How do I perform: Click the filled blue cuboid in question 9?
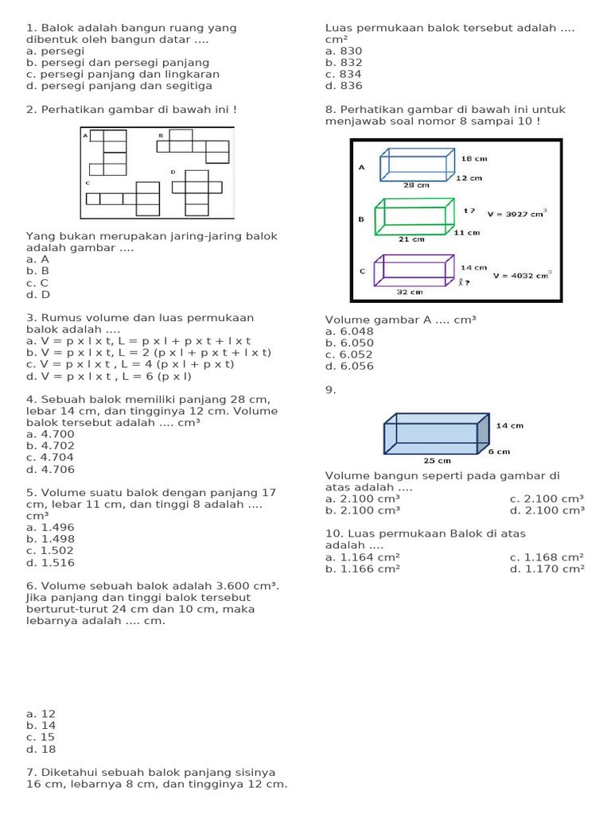point(437,434)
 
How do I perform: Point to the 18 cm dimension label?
point(473,159)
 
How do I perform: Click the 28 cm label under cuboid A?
point(416,185)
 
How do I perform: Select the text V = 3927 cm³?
point(516,213)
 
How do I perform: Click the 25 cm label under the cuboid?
point(437,460)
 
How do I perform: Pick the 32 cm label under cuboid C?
point(409,292)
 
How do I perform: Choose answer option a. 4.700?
point(50,434)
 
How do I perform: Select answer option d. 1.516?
point(50,563)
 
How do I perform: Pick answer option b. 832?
point(344,62)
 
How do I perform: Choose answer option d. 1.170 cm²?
point(547,568)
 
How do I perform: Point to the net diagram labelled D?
point(197,193)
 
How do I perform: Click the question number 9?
point(330,390)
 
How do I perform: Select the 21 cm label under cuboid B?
point(411,238)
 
